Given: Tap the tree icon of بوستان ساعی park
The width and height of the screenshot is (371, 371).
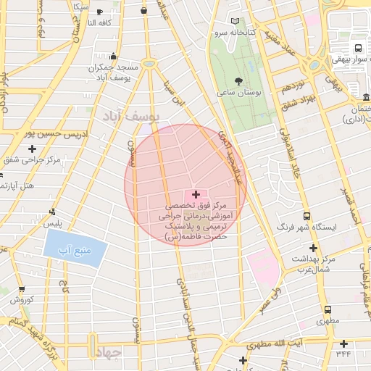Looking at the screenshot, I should click(x=239, y=80).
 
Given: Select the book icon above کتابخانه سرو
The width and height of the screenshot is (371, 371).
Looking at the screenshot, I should click(x=234, y=22).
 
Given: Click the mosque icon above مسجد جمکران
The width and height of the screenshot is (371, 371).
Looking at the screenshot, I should click(x=113, y=57).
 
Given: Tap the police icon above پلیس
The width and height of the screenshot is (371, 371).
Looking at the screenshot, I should click(x=51, y=212).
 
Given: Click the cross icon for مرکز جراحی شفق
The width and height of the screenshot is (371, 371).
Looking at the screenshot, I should click(x=31, y=149).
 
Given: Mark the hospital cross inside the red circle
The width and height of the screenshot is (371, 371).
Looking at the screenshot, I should click(x=196, y=195).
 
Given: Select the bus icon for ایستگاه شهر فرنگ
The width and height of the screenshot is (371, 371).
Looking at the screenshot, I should click(x=307, y=215).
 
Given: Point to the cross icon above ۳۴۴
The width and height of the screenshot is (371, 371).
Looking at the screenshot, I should click(x=343, y=343).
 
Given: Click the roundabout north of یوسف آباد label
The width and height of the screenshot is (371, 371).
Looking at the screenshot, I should click(x=149, y=64).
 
